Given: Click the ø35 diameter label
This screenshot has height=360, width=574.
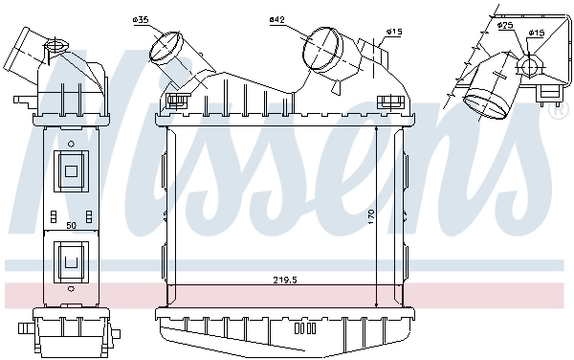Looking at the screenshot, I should point(140,18).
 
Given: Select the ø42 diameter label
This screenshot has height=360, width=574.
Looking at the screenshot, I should point(277,18).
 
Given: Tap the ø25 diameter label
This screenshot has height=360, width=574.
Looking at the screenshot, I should point(506,24).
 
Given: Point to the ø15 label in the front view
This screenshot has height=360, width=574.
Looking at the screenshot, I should point(392,31).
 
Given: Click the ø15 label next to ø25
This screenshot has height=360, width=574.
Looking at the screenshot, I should point(537,33).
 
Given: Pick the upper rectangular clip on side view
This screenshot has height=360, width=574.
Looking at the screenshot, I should point(70,169).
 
